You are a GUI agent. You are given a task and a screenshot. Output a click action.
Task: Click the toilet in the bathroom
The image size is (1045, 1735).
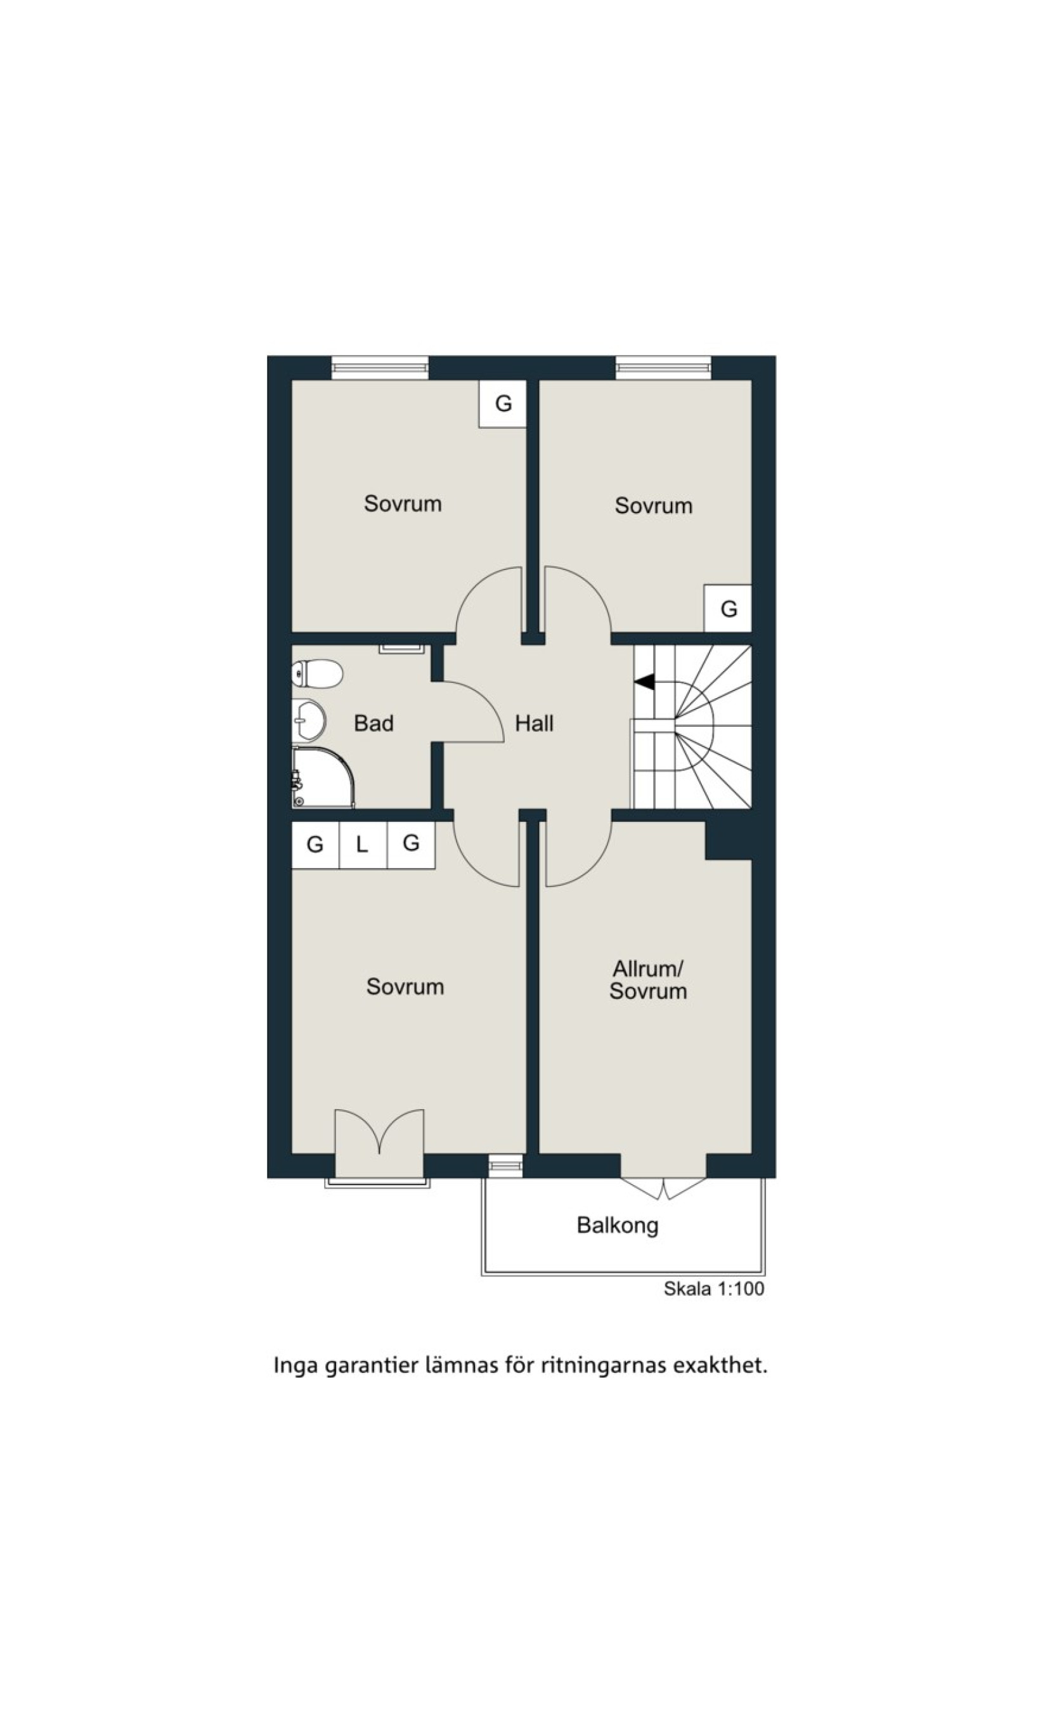318,673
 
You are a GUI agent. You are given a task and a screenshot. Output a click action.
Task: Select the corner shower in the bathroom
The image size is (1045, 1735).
323,777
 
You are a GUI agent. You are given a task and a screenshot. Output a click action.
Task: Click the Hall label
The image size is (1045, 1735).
534,723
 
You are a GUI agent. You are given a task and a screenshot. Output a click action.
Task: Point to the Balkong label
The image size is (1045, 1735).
618,1225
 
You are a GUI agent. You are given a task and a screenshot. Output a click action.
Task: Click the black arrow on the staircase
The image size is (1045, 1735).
644,682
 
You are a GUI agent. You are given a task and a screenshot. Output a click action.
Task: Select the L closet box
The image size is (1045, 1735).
363,845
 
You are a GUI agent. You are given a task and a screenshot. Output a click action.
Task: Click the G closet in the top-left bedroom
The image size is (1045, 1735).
503,403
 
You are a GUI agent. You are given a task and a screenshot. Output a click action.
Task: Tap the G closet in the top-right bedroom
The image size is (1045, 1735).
728,608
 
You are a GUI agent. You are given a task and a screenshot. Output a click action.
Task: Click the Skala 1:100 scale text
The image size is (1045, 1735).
713,1289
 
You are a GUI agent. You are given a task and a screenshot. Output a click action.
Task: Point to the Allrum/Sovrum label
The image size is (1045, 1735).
648,980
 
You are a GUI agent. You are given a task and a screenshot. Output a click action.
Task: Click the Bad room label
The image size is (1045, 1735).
373,723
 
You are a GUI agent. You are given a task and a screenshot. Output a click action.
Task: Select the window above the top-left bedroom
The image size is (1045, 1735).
380,368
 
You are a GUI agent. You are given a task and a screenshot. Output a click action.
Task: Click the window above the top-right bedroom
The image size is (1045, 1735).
663,368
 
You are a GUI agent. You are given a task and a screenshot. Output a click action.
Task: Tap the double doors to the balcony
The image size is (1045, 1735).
663,1188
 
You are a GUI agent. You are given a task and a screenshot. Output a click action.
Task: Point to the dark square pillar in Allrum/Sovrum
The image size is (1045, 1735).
729,840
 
